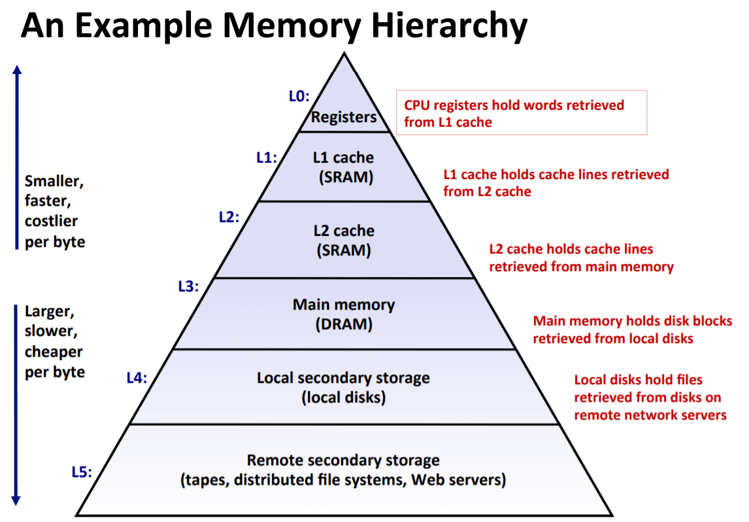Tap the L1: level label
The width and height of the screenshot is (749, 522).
point(266,157)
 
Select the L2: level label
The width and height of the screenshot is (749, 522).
point(229,218)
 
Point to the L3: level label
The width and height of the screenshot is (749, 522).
point(188,285)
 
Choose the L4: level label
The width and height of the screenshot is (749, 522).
point(137,377)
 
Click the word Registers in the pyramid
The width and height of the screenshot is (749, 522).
point(344,118)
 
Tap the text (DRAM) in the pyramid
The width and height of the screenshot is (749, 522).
point(343,325)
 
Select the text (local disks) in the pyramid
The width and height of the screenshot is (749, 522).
point(343,397)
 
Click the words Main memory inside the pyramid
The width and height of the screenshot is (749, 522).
point(343,305)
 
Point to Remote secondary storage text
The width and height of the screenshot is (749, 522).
point(343,460)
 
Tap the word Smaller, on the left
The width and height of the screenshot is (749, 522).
point(54,181)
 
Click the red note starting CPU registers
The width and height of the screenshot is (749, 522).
point(514,113)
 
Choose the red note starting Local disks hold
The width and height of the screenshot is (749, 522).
point(650,397)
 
